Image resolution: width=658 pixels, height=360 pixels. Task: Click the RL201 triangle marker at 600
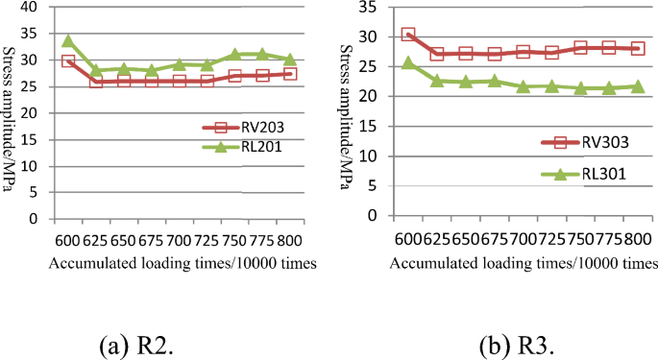point(68,41)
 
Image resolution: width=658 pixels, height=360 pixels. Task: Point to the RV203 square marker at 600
point(68,60)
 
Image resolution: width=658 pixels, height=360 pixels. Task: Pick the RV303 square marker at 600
point(408,35)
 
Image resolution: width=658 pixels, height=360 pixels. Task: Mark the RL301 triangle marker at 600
point(408,62)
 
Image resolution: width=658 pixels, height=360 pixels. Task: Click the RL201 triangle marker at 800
point(290,60)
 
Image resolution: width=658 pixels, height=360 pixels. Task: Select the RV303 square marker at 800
point(636,48)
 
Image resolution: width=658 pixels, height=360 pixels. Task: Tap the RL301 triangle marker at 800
point(636,86)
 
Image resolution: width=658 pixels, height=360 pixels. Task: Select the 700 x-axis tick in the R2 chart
point(179,240)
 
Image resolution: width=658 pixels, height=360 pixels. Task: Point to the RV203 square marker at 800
point(290,74)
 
